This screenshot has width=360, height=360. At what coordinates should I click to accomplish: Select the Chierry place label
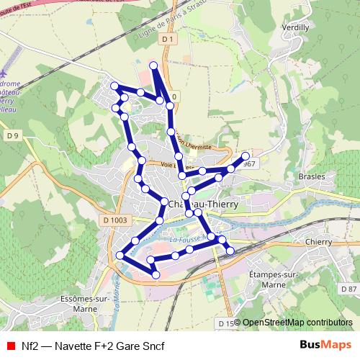[x=317, y=243]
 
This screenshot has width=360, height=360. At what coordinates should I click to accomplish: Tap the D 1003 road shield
[x=115, y=220]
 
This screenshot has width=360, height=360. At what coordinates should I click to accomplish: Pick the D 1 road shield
[x=168, y=39]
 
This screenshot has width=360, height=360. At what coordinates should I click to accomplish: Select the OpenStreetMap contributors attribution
[x=297, y=322]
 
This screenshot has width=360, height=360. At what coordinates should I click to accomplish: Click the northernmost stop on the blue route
[x=153, y=66]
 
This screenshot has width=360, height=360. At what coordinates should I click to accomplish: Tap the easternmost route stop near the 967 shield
[x=246, y=156]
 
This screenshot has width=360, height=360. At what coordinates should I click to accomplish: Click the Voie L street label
[x=173, y=164]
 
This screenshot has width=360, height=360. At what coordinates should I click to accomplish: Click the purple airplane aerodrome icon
[x=6, y=75]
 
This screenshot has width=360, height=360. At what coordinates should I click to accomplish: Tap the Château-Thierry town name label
[x=202, y=204]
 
